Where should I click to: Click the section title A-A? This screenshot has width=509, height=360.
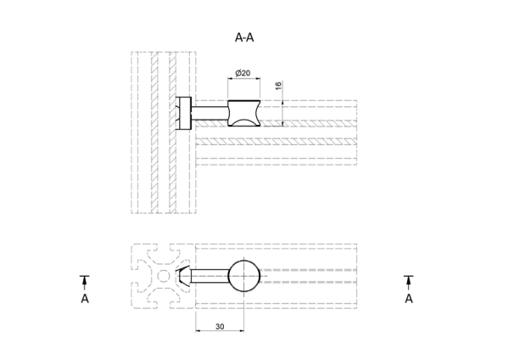[244, 37]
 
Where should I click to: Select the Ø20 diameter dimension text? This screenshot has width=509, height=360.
[243, 73]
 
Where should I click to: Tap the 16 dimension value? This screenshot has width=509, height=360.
[278, 86]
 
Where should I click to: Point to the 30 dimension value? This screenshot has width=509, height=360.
[220, 327]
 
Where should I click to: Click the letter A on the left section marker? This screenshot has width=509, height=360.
[85, 298]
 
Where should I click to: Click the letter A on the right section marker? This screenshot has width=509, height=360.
[409, 298]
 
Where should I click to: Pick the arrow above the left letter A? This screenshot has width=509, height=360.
[85, 283]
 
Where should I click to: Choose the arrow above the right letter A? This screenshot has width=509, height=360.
[409, 283]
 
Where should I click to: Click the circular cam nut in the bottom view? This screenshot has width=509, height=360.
[244, 276]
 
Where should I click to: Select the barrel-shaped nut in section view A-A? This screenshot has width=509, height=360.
[243, 114]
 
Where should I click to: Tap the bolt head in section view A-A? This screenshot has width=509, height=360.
[184, 113]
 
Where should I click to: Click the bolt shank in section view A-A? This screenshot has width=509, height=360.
[210, 113]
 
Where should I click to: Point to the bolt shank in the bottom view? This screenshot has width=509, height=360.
[210, 276]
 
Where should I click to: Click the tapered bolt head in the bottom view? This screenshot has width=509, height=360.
[184, 276]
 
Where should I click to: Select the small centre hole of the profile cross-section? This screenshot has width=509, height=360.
[163, 276]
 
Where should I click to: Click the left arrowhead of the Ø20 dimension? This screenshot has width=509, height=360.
[230, 78]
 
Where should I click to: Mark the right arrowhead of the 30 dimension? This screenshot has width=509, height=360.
[242, 331]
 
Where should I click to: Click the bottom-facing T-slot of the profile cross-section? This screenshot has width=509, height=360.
[163, 301]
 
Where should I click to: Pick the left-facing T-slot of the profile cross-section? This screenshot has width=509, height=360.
[139, 276]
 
